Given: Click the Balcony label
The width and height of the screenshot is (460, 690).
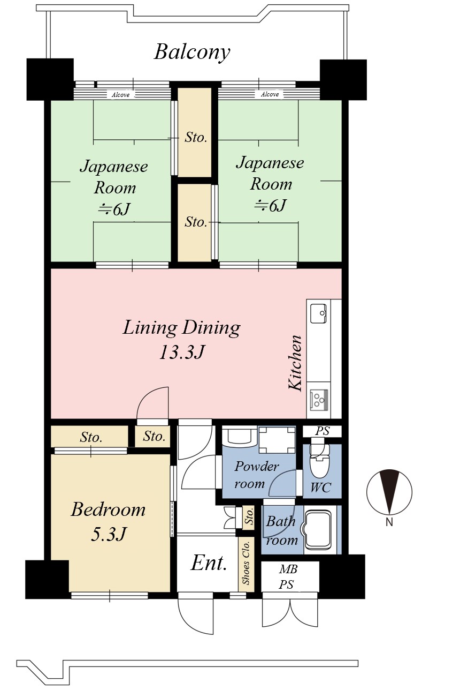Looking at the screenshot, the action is (192, 52).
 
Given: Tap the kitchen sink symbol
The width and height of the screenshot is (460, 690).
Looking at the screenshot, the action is (318, 313).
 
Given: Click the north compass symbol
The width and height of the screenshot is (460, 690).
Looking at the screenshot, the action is (389, 492).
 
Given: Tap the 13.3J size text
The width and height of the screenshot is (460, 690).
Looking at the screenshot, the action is (181, 352).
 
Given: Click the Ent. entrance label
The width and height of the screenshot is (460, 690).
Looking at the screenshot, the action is (209, 563).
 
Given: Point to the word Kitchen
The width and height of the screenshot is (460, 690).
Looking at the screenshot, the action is (295, 363).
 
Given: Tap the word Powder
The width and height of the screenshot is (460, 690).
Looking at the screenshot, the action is (256, 466).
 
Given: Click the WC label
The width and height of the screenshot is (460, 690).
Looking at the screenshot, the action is (321, 487).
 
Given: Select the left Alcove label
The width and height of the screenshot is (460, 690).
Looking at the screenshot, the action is (120, 95).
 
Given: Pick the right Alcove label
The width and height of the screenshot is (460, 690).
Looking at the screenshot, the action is (270, 94).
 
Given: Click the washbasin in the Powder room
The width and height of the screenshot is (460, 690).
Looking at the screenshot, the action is (239, 435).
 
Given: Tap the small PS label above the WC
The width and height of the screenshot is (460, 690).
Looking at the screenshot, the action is (322, 431).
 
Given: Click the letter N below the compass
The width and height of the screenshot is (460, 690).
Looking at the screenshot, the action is (389, 522).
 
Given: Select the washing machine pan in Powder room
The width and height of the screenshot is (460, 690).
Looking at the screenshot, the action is (277, 440).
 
